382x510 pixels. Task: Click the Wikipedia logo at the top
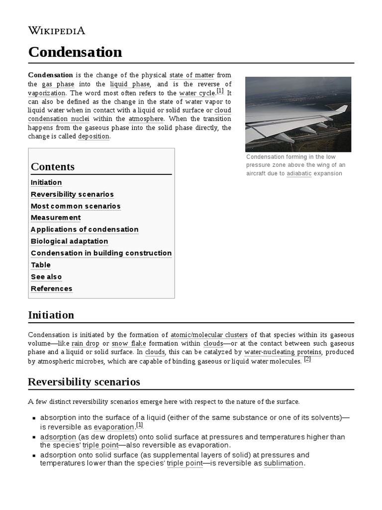pos(57,30)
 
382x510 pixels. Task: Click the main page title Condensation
pos(75,52)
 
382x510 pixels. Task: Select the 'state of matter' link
pos(191,75)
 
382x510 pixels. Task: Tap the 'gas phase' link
pos(58,84)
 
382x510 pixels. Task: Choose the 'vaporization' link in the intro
pos(46,93)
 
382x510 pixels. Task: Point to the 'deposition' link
pos(94,136)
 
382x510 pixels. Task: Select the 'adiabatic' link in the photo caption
pos(299,174)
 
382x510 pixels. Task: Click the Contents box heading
pos(53,167)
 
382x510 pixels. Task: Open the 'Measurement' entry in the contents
pos(56,218)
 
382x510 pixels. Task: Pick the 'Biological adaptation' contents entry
pos(69,241)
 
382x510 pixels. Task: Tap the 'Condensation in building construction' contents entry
pos(101,253)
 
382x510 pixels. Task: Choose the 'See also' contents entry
pos(46,277)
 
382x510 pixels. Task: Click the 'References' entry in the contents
pos(51,289)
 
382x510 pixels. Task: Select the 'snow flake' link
pos(126,344)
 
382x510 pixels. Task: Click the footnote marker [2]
pos(307,359)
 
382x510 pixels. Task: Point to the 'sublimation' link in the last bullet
pos(283,463)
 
